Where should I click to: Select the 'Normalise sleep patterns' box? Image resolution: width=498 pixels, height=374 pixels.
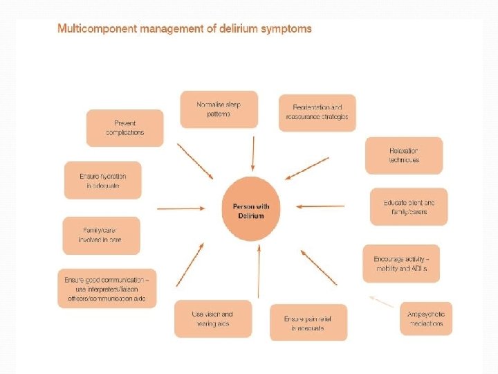219,109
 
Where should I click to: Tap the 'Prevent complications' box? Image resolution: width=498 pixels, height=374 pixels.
125,127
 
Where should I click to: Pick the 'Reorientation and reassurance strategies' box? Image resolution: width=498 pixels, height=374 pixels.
317,112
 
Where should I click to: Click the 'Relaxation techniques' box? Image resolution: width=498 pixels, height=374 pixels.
403,155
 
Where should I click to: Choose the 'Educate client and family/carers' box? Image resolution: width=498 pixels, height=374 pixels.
408,206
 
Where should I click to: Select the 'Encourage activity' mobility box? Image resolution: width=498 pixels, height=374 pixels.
401,263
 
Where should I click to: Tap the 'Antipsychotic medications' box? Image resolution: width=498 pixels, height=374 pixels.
426,319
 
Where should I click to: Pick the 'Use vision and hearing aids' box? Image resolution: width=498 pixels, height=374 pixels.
212,319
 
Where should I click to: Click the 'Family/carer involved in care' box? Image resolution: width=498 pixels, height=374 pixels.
101,235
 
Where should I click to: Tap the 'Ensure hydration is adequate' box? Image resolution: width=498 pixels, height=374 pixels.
102,180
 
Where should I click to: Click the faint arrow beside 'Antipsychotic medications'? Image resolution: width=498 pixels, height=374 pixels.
381,301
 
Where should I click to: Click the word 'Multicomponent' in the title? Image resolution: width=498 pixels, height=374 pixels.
94,29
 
